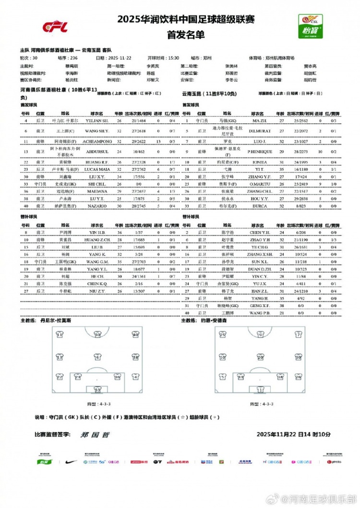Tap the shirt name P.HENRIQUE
point(260,152)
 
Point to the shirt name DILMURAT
point(260,130)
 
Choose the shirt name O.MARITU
point(260,184)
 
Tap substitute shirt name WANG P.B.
point(260,313)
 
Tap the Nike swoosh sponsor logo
point(71,461)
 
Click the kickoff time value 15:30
point(173,58)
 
